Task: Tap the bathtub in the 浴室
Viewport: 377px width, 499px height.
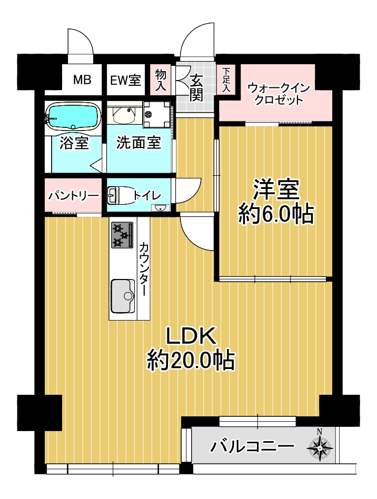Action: coord(73,116)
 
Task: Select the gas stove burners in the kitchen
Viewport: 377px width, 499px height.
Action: coord(122,235)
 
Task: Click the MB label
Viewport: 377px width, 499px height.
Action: coord(82,79)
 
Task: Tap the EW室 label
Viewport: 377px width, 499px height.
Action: coord(125,80)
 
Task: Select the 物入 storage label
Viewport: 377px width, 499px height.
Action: coord(161,80)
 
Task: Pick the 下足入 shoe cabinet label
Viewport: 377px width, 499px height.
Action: coord(226,79)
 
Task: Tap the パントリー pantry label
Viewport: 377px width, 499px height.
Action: coord(74,195)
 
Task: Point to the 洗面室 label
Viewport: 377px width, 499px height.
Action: coord(138,142)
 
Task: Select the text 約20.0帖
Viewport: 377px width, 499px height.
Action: coord(191,361)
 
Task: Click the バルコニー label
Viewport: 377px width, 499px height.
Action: coord(252,446)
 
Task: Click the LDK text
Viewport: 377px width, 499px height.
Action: coord(192,336)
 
